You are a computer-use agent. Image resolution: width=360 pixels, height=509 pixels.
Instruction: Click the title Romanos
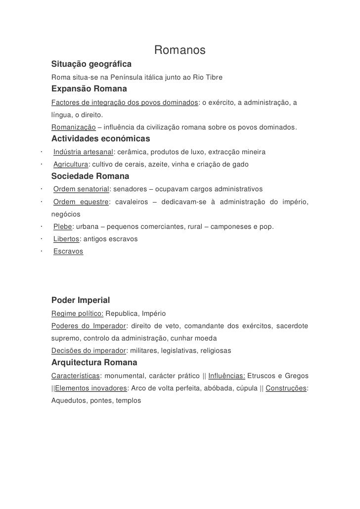tap(180, 51)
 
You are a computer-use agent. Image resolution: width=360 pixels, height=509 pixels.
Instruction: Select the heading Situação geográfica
tap(91, 65)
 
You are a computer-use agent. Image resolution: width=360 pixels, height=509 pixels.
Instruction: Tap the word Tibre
tap(213, 78)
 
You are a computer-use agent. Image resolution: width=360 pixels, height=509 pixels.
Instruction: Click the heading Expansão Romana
tap(89, 89)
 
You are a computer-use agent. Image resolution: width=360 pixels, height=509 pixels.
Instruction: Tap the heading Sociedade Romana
tap(90, 176)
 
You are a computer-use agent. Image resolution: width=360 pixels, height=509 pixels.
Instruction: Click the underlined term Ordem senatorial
tap(81, 189)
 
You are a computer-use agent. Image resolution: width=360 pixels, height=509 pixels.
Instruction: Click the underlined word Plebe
tap(62, 226)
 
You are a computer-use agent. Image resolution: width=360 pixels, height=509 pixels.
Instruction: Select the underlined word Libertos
tap(66, 239)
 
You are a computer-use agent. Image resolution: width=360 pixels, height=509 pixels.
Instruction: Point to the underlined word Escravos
tap(68, 252)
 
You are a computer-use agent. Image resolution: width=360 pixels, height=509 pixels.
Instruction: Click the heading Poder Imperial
tap(81, 300)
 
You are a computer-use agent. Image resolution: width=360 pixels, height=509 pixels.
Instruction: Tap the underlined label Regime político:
tap(77, 314)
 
